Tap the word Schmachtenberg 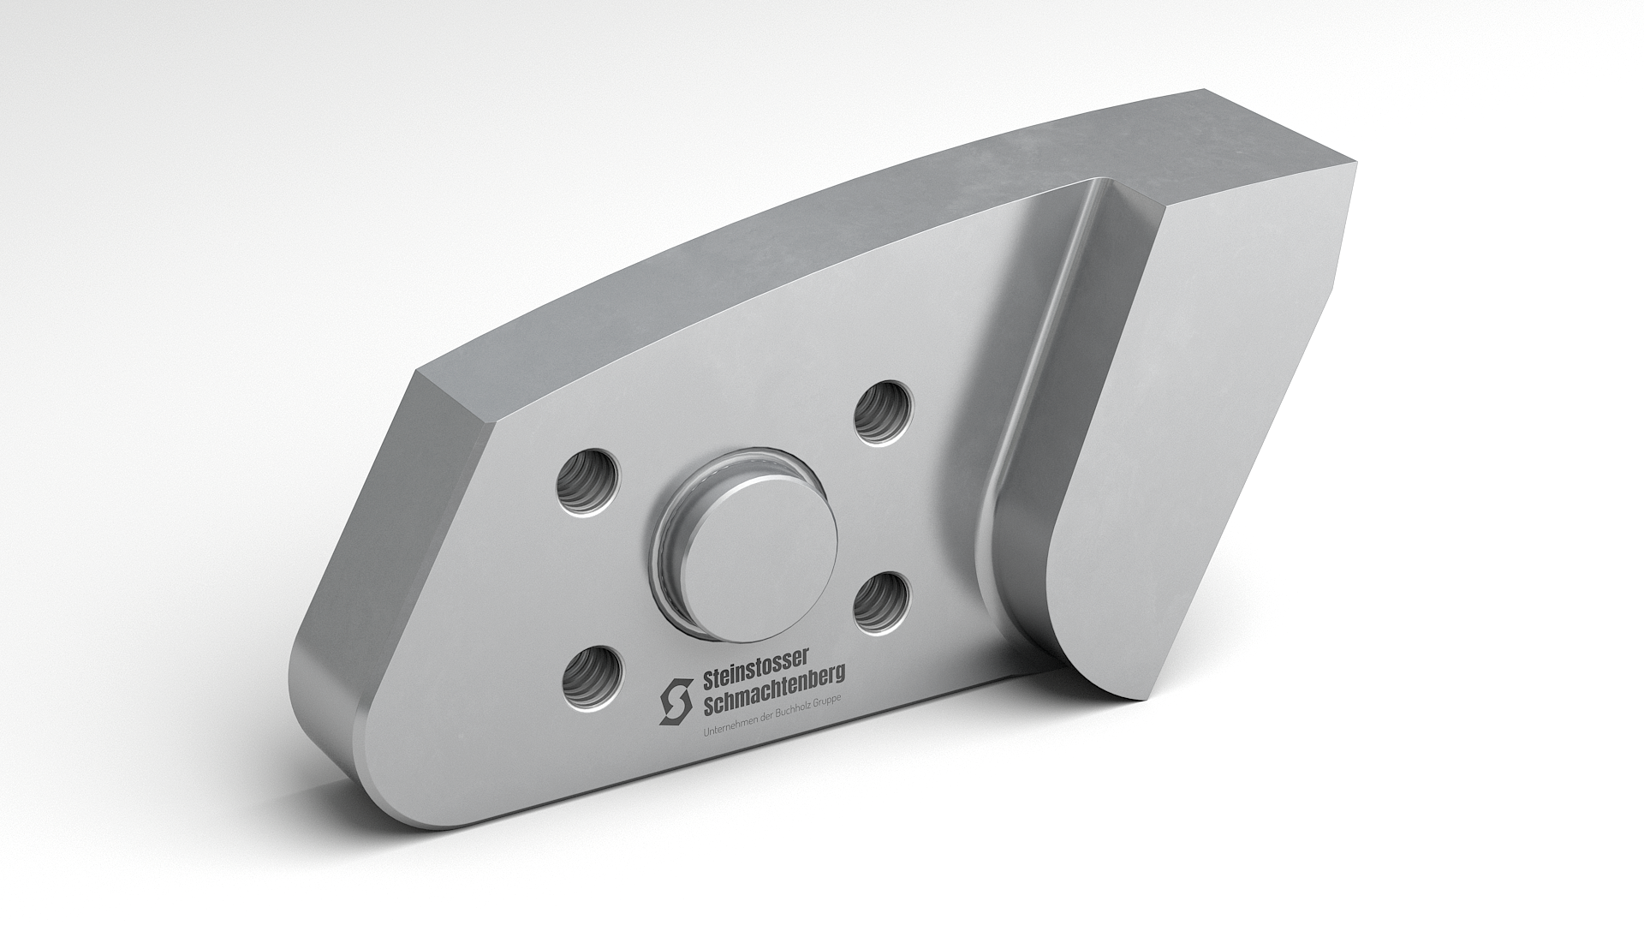pos(773,689)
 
